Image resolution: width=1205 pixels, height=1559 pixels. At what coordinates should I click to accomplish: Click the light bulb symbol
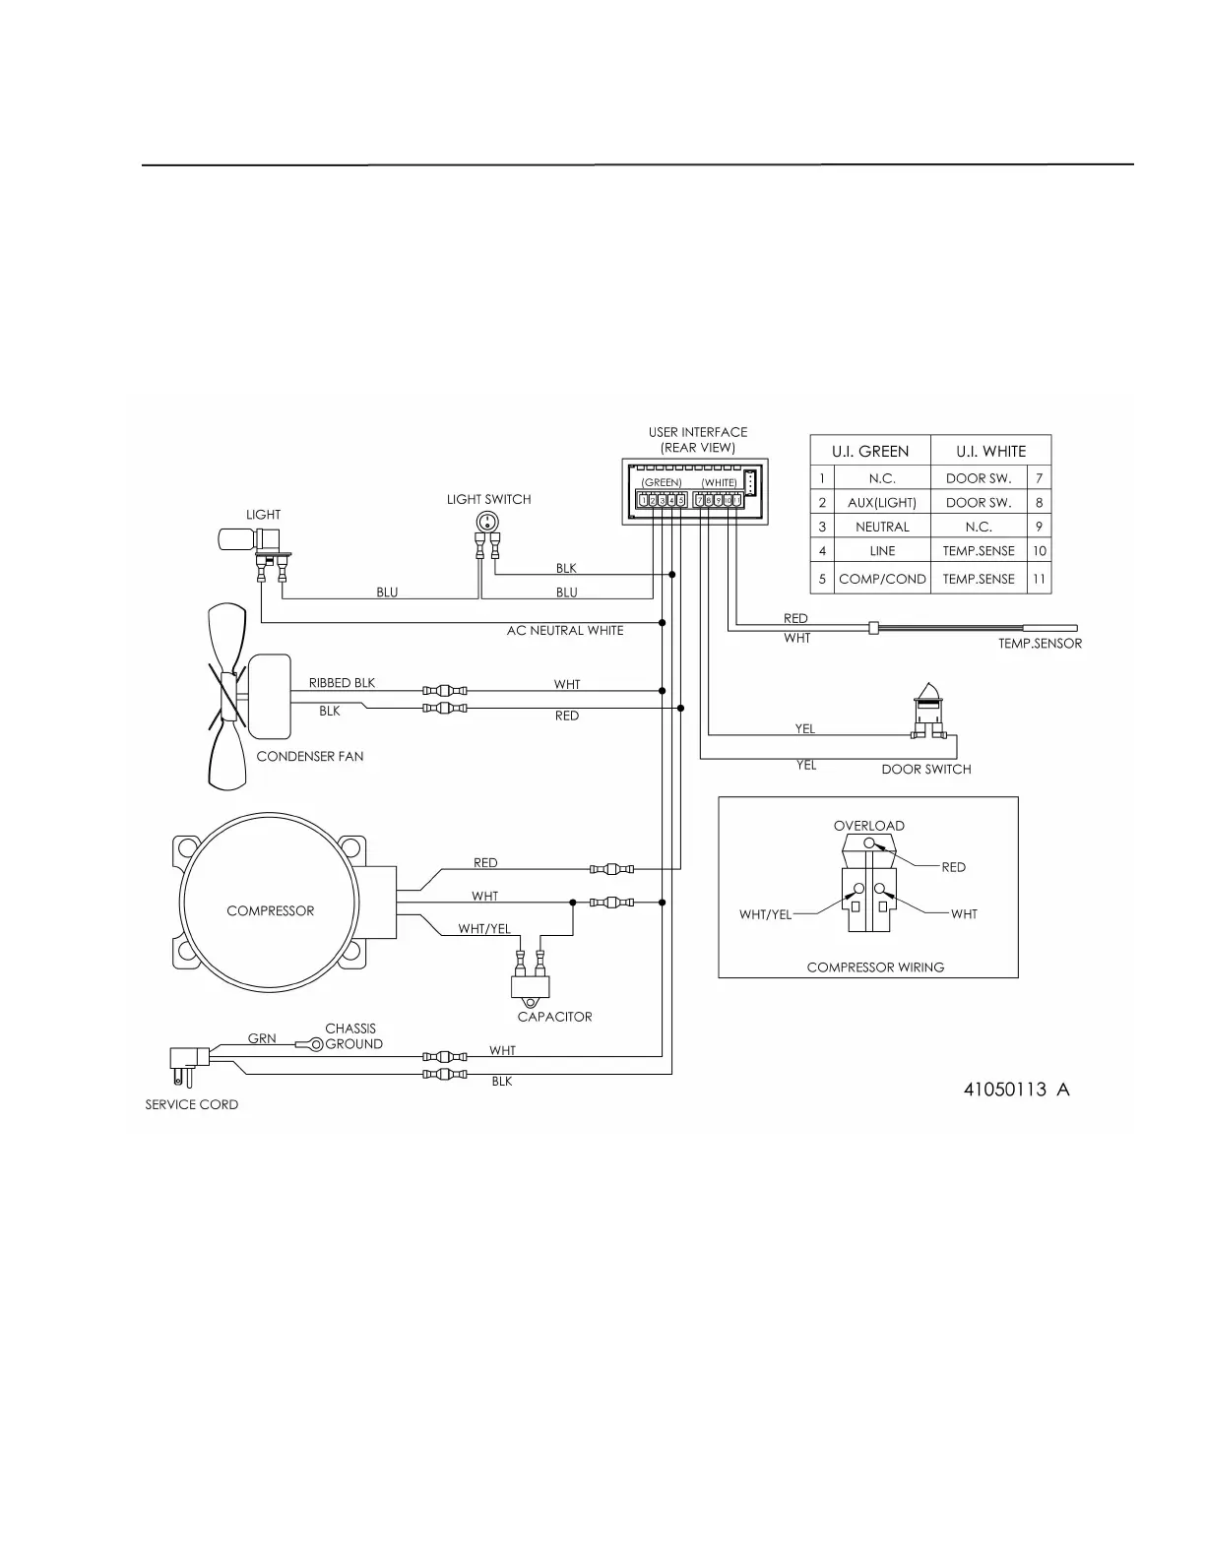[x=236, y=538]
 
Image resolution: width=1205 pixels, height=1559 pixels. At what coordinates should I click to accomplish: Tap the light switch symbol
[x=486, y=524]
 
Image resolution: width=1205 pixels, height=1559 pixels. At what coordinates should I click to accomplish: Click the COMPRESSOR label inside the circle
[x=270, y=911]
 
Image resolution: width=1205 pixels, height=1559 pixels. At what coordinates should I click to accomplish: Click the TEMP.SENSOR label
[x=1040, y=644]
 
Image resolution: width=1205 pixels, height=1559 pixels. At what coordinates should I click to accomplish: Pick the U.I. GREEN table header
[x=870, y=452]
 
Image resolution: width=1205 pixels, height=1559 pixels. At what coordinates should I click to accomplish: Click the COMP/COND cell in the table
[x=882, y=579]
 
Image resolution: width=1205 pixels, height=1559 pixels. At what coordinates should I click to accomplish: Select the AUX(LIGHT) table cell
[x=882, y=503]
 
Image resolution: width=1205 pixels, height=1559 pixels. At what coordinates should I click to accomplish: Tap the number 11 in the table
[x=1039, y=579]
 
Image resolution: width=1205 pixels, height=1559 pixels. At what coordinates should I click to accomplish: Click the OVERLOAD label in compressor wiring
[x=868, y=826]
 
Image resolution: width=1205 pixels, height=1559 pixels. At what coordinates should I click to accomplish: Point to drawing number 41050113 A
[x=1016, y=1090]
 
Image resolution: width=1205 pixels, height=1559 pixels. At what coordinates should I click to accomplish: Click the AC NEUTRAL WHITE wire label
[x=565, y=631]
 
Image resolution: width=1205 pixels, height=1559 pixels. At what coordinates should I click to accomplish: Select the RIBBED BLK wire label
[x=342, y=683]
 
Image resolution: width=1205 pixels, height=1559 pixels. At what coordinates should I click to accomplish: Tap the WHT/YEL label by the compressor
[x=484, y=929]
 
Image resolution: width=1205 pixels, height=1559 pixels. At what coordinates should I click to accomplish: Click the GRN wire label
[x=262, y=1038]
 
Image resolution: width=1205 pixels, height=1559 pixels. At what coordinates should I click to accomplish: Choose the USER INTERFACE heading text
[x=697, y=432]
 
